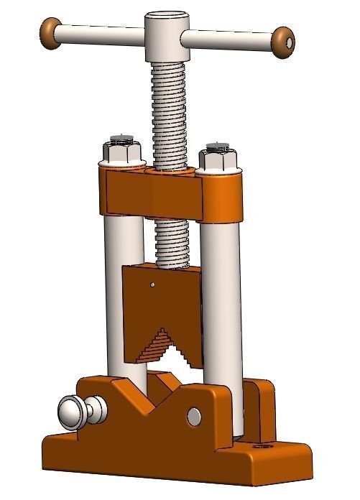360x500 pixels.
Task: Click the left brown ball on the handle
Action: point(51,31)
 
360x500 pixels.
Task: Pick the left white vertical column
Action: point(122,287)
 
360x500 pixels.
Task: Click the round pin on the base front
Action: point(194,415)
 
